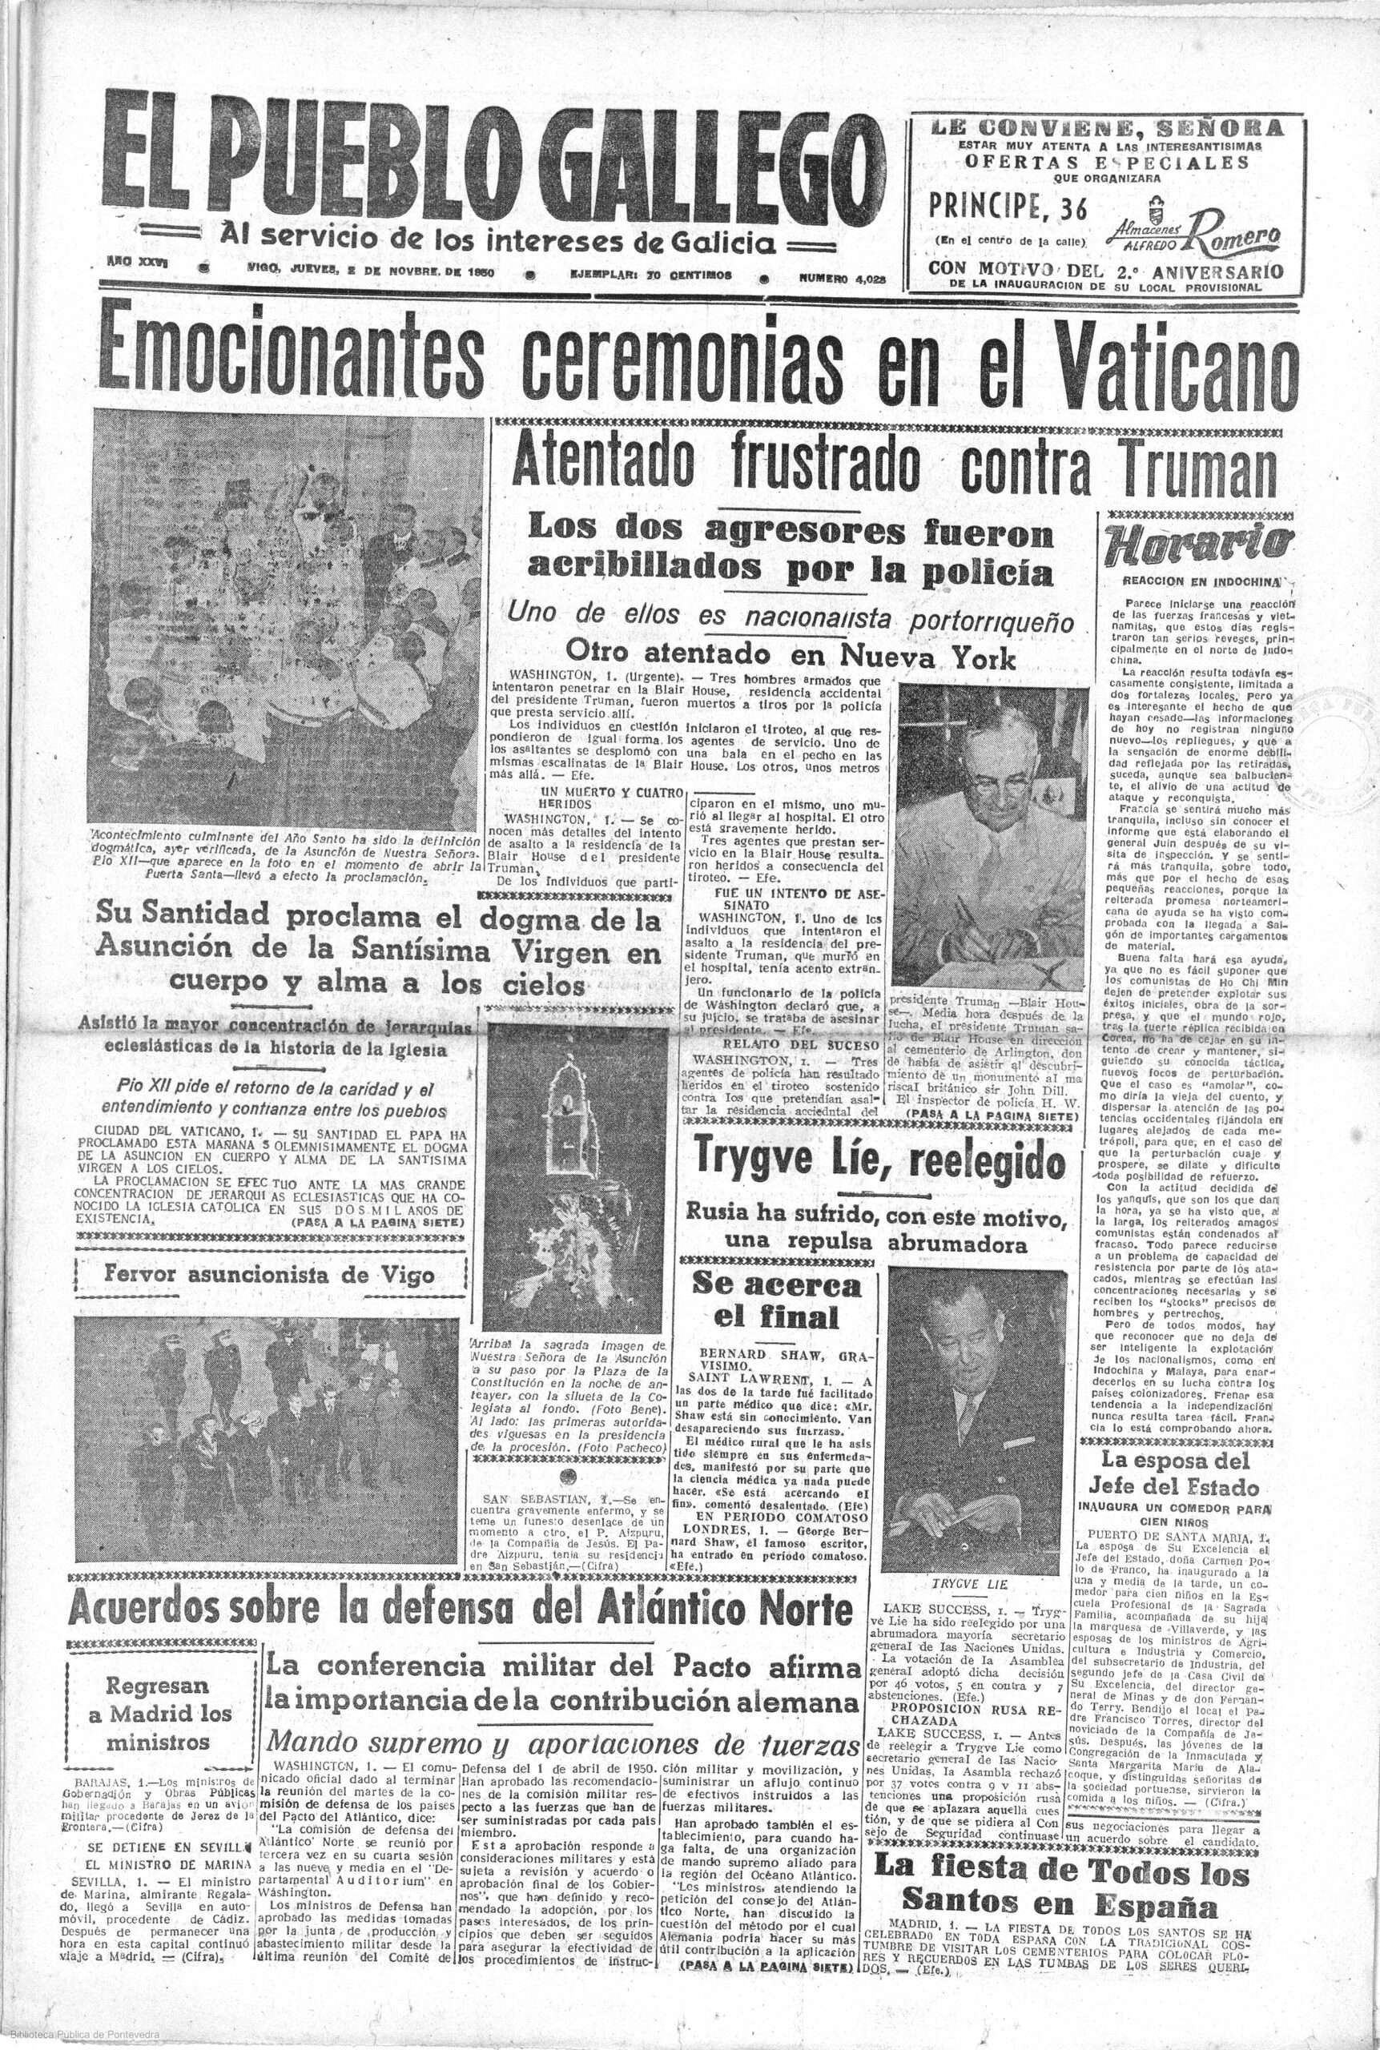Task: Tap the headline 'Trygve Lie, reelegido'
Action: [x=879, y=1159]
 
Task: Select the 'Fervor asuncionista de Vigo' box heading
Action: [x=269, y=1275]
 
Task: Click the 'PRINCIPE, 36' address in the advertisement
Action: [x=1008, y=207]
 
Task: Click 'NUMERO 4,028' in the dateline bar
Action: [x=839, y=276]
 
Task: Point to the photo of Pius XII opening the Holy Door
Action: [x=285, y=621]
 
